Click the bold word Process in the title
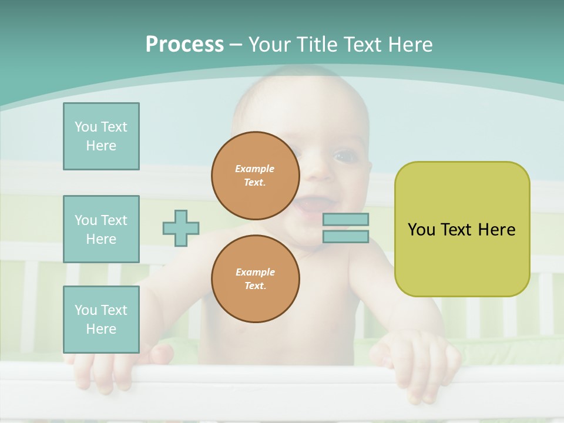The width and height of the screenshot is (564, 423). click(x=184, y=45)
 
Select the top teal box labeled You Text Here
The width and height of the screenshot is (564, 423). click(x=101, y=136)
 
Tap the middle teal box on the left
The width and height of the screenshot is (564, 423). click(x=101, y=229)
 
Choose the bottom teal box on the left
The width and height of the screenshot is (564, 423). click(x=101, y=319)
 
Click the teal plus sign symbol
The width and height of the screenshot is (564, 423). click(x=181, y=228)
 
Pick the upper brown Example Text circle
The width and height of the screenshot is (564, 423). click(x=256, y=175)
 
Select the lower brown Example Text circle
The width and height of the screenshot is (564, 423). click(x=256, y=278)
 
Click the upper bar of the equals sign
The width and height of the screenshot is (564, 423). click(x=345, y=220)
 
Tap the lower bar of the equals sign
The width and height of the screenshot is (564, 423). click(x=345, y=237)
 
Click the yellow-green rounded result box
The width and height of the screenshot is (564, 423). click(x=462, y=229)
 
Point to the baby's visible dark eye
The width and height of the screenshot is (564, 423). click(x=342, y=156)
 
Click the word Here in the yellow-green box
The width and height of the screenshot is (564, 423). click(x=496, y=229)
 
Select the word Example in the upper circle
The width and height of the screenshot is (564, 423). click(x=255, y=169)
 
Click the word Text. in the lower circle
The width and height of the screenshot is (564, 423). click(x=255, y=286)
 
